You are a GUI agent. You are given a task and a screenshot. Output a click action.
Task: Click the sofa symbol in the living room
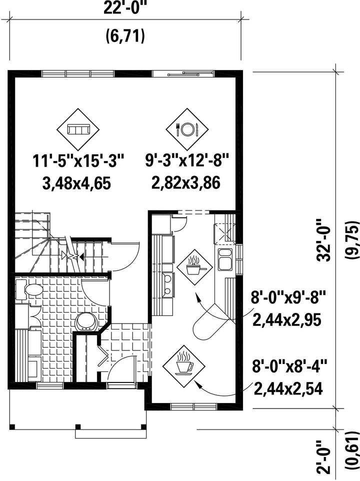pyautogui.click(x=78, y=129)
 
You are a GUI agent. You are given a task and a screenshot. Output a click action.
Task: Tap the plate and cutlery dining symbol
pyautogui.click(x=186, y=129)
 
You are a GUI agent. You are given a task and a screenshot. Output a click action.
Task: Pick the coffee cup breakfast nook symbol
pyautogui.click(x=183, y=364)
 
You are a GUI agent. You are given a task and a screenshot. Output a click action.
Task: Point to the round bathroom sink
pyautogui.click(x=86, y=321)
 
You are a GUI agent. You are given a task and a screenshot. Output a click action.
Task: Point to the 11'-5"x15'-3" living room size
pyautogui.click(x=78, y=161)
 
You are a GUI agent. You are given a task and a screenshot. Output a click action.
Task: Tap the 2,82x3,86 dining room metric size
pyautogui.click(x=186, y=183)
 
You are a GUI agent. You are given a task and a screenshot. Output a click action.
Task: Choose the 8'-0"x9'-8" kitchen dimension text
pyautogui.click(x=287, y=298)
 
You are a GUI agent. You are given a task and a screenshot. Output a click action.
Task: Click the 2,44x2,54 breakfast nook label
pyautogui.click(x=288, y=389)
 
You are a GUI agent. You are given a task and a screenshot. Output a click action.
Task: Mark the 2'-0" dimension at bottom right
pyautogui.click(x=324, y=457)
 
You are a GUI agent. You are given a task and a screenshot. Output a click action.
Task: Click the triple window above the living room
pyautogui.click(x=78, y=73)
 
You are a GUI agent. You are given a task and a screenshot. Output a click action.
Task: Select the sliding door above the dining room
pyautogui.click(x=183, y=73)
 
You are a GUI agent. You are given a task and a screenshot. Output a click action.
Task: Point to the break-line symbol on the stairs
pyautogui.click(x=73, y=255)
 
